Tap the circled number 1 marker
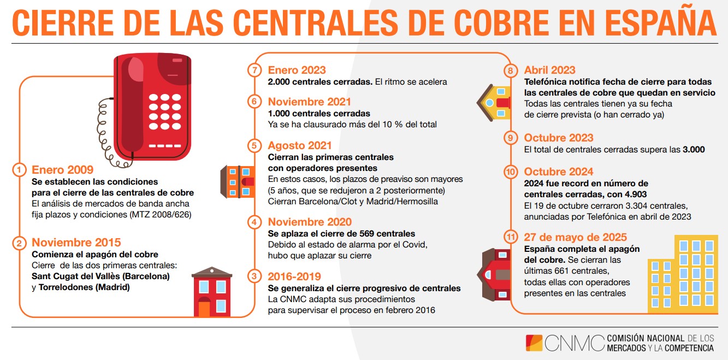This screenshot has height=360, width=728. tap(19, 170)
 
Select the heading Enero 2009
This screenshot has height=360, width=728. tap(62, 170)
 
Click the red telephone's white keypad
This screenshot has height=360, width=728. tap(165, 111)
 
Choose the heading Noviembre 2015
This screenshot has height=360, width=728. tap(76, 243)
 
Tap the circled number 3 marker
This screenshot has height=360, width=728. tap(254, 276)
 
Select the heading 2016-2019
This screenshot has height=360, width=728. tap(294, 276)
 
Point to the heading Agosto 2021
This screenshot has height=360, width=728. tap(300, 145)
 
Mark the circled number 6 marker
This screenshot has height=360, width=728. tap(254, 102)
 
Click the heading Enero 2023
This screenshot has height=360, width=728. tap(297, 70)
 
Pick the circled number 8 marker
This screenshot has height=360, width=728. tap(511, 70)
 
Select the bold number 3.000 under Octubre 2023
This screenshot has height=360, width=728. tap(694, 150)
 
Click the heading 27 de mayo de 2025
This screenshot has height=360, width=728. tap(575, 237)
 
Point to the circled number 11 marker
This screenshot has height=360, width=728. tap(511, 237)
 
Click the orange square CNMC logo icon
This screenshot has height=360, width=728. tap(534, 343)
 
